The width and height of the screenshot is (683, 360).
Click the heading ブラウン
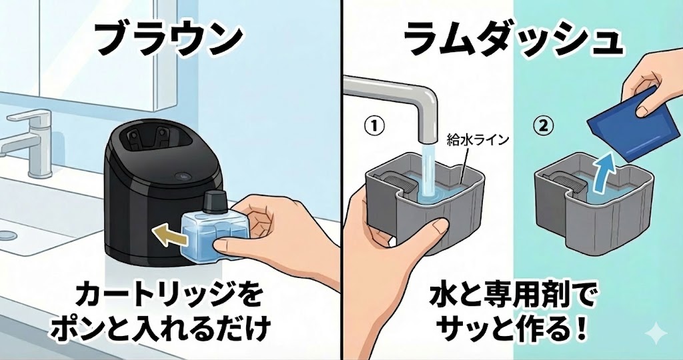click(x=167, y=39)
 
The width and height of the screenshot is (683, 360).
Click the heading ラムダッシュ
click(x=514, y=39)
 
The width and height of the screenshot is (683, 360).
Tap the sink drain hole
click(x=7, y=235)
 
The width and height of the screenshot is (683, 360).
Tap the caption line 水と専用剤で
click(x=512, y=295)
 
